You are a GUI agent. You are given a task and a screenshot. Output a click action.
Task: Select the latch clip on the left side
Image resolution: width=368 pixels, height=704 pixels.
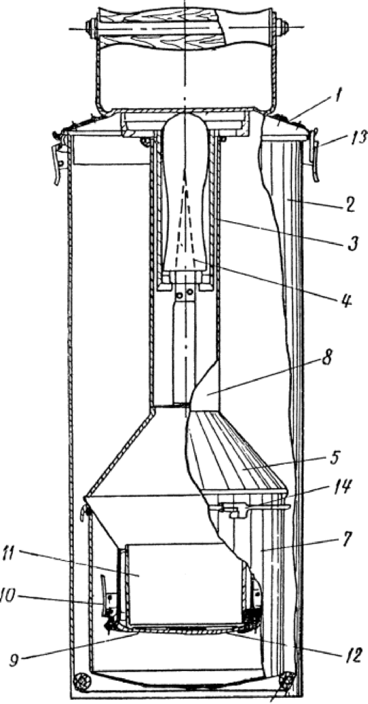pyautogui.click(x=60, y=163)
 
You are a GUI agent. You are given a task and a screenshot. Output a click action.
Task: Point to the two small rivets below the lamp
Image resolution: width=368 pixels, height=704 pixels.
pyautogui.click(x=185, y=294)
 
